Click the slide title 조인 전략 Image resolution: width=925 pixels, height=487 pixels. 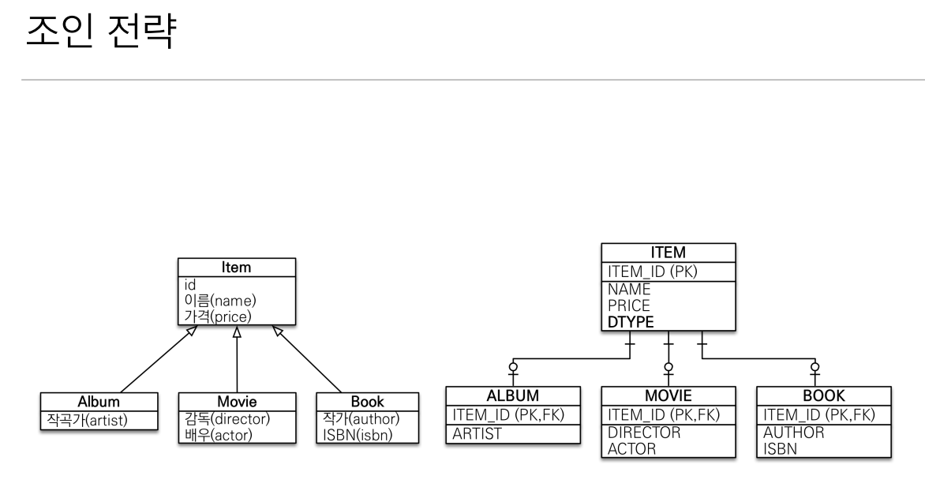[101, 31]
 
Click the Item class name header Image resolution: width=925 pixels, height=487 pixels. [237, 268]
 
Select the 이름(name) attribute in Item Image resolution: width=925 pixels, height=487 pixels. [220, 301]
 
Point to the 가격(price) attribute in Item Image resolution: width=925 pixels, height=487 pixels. [218, 317]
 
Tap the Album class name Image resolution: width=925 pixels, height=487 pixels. [99, 402]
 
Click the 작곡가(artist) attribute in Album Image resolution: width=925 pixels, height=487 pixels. [88, 420]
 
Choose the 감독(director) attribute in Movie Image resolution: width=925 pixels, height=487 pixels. [227, 419]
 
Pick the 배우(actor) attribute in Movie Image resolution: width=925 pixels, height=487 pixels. [219, 435]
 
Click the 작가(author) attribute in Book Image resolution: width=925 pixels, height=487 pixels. [361, 419]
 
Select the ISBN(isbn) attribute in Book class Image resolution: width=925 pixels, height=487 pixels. [358, 435]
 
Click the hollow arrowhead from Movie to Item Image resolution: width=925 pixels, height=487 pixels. [237, 332]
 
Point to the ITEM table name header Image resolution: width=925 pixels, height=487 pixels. [668, 253]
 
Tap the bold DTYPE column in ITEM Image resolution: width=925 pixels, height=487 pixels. [631, 322]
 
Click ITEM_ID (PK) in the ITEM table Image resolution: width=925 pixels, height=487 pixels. [653, 272]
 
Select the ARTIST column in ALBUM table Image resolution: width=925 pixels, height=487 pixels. [477, 434]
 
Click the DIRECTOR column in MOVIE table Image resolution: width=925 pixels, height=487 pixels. [644, 433]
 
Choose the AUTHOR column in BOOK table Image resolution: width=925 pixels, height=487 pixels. [793, 433]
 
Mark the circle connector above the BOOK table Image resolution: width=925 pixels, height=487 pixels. [815, 367]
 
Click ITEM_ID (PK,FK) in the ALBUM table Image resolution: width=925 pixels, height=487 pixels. [508, 415]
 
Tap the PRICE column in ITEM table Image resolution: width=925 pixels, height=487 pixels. [629, 305]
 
